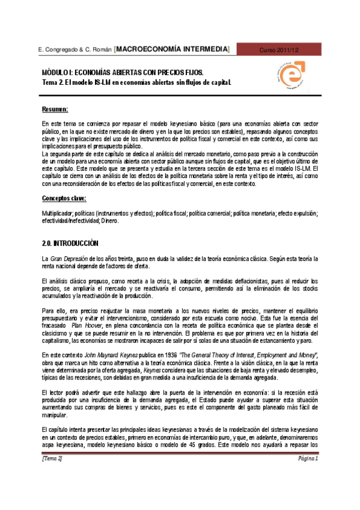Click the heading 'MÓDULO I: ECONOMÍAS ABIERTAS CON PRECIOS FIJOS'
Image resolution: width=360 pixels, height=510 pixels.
click(118, 72)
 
